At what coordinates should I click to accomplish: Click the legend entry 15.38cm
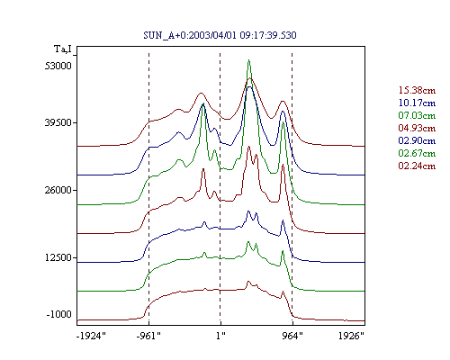pyautogui.click(x=417, y=90)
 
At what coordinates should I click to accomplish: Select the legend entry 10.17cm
pyautogui.click(x=417, y=103)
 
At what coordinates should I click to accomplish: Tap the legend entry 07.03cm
pyautogui.click(x=417, y=115)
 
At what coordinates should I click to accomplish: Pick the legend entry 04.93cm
pyautogui.click(x=417, y=128)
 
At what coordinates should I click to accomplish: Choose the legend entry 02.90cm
pyautogui.click(x=417, y=140)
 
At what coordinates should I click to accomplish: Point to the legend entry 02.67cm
pyautogui.click(x=417, y=153)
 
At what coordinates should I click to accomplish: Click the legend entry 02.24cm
pyautogui.click(x=417, y=166)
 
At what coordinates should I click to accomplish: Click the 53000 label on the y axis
pyautogui.click(x=58, y=66)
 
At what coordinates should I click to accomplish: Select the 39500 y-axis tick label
pyautogui.click(x=58, y=122)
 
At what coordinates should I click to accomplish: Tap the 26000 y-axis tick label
pyautogui.click(x=58, y=190)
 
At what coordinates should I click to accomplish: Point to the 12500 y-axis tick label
pyautogui.click(x=58, y=257)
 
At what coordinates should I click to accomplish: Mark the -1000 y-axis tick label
pyautogui.click(x=58, y=314)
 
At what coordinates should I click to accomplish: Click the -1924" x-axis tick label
pyautogui.click(x=91, y=336)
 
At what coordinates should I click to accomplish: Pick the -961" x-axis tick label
pyautogui.click(x=148, y=336)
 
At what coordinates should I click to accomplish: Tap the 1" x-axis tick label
pyautogui.click(x=220, y=336)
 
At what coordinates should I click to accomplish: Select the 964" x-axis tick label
pyautogui.click(x=292, y=336)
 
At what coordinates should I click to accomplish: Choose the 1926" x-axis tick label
pyautogui.click(x=351, y=336)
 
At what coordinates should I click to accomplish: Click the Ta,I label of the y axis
pyautogui.click(x=63, y=49)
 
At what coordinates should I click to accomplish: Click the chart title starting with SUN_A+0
pyautogui.click(x=220, y=35)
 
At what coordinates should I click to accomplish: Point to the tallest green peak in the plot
pyautogui.click(x=249, y=60)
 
